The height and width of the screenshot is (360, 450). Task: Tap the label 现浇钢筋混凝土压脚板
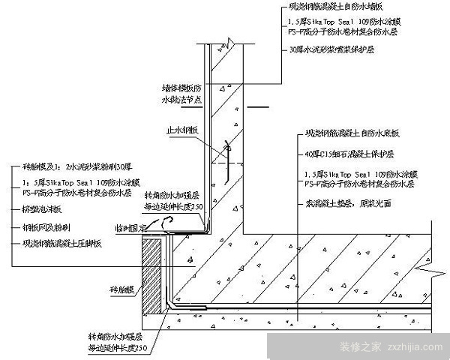point(61,243)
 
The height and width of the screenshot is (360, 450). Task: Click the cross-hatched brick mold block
point(151,274)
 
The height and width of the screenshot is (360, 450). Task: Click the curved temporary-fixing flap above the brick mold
point(171,218)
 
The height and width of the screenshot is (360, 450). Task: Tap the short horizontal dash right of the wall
point(259,107)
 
